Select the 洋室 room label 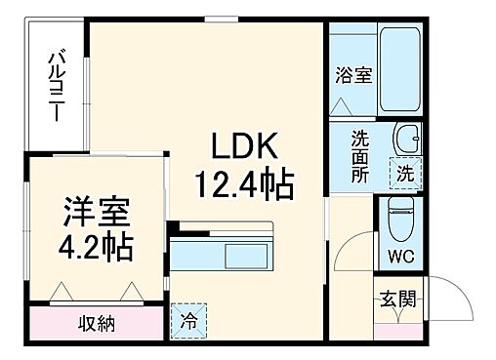pos(89,210)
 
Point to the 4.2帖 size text pos(89,243)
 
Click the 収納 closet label pos(97,323)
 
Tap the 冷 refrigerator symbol pos(187,318)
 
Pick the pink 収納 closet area pos(97,323)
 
